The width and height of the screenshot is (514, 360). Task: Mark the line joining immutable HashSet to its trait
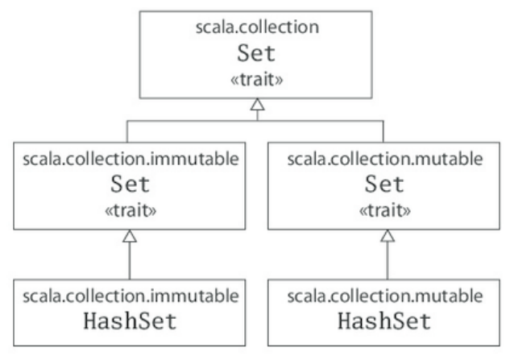click(x=131, y=262)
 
